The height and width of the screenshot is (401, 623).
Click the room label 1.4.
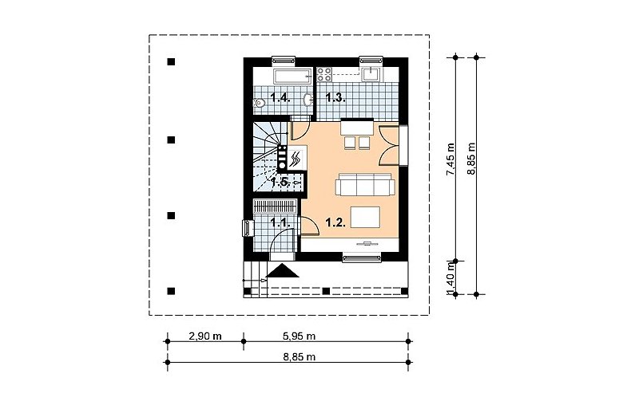pyautogui.click(x=280, y=97)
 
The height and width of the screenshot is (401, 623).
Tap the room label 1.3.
pyautogui.click(x=335, y=97)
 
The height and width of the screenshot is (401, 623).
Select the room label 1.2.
pyautogui.click(x=335, y=222)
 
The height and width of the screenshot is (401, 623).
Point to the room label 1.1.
pyautogui.click(x=280, y=222)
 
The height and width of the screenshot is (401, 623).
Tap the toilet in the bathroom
pyautogui.click(x=259, y=103)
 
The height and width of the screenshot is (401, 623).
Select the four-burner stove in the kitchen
pyautogui.click(x=324, y=75)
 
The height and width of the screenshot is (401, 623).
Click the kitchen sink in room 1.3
pyautogui.click(x=372, y=73)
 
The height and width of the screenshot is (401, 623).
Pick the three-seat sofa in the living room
pyautogui.click(x=365, y=184)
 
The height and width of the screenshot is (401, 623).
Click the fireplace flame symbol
pyautogui.click(x=296, y=159)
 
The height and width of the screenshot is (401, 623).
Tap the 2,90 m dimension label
pyautogui.click(x=205, y=336)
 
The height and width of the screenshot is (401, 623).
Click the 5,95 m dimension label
pyautogui.click(x=300, y=336)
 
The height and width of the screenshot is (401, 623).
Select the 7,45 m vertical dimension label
pyautogui.click(x=450, y=159)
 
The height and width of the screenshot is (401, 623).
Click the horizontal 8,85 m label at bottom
pyautogui.click(x=300, y=357)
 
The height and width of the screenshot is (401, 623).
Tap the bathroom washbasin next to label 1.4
pyautogui.click(x=308, y=100)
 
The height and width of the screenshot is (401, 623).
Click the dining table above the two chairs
pyautogui.click(x=357, y=127)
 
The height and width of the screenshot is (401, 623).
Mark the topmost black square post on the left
pyautogui.click(x=171, y=62)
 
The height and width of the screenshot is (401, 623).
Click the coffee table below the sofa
pyautogui.click(x=365, y=218)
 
